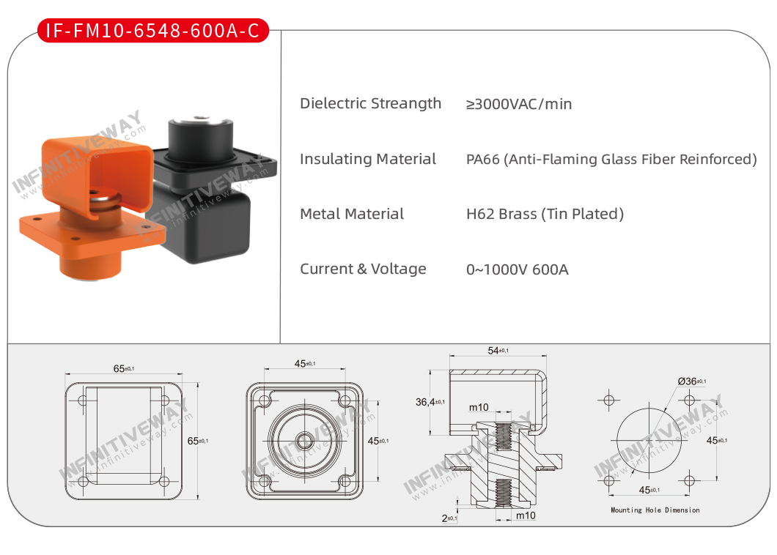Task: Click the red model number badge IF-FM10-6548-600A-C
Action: click(152, 31)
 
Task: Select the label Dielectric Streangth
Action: click(370, 103)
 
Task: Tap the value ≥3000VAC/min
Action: click(519, 104)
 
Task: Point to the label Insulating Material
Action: click(368, 159)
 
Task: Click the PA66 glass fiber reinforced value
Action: click(611, 160)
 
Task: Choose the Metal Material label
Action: click(352, 214)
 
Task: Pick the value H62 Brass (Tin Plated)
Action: click(545, 214)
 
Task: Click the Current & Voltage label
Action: click(363, 269)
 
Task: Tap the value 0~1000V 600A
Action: click(518, 270)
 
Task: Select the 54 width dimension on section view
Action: click(498, 351)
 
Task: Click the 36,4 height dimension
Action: click(430, 402)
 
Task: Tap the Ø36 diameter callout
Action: click(692, 381)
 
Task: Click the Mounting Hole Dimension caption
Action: click(655, 510)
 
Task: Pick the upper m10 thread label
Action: click(479, 407)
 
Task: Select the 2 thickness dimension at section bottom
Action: click(449, 518)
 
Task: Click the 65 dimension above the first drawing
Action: click(123, 368)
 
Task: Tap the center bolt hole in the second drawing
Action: click(305, 441)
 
